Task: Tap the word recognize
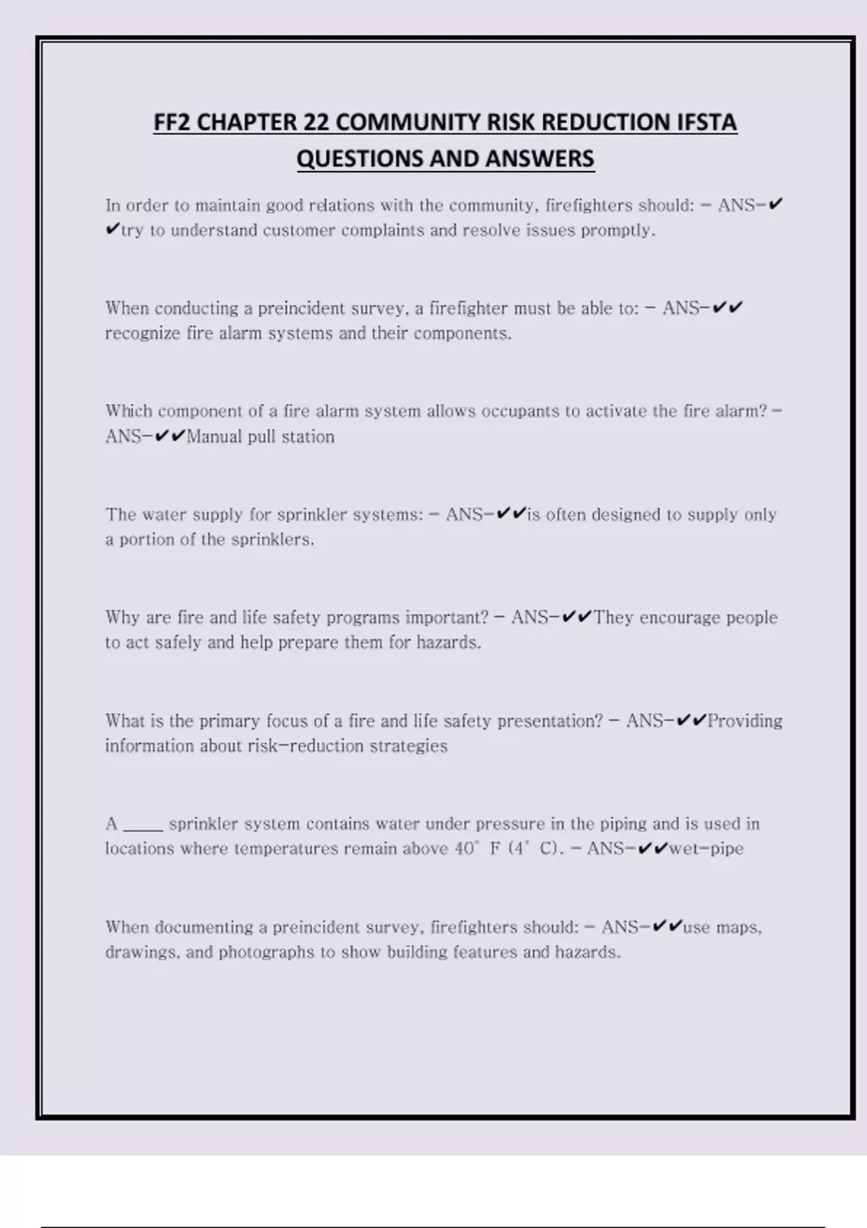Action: point(142,334)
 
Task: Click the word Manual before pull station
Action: point(214,437)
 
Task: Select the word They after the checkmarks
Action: point(613,618)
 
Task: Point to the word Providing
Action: point(745,721)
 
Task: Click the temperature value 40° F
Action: point(478,849)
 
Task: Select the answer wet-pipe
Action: point(706,849)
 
